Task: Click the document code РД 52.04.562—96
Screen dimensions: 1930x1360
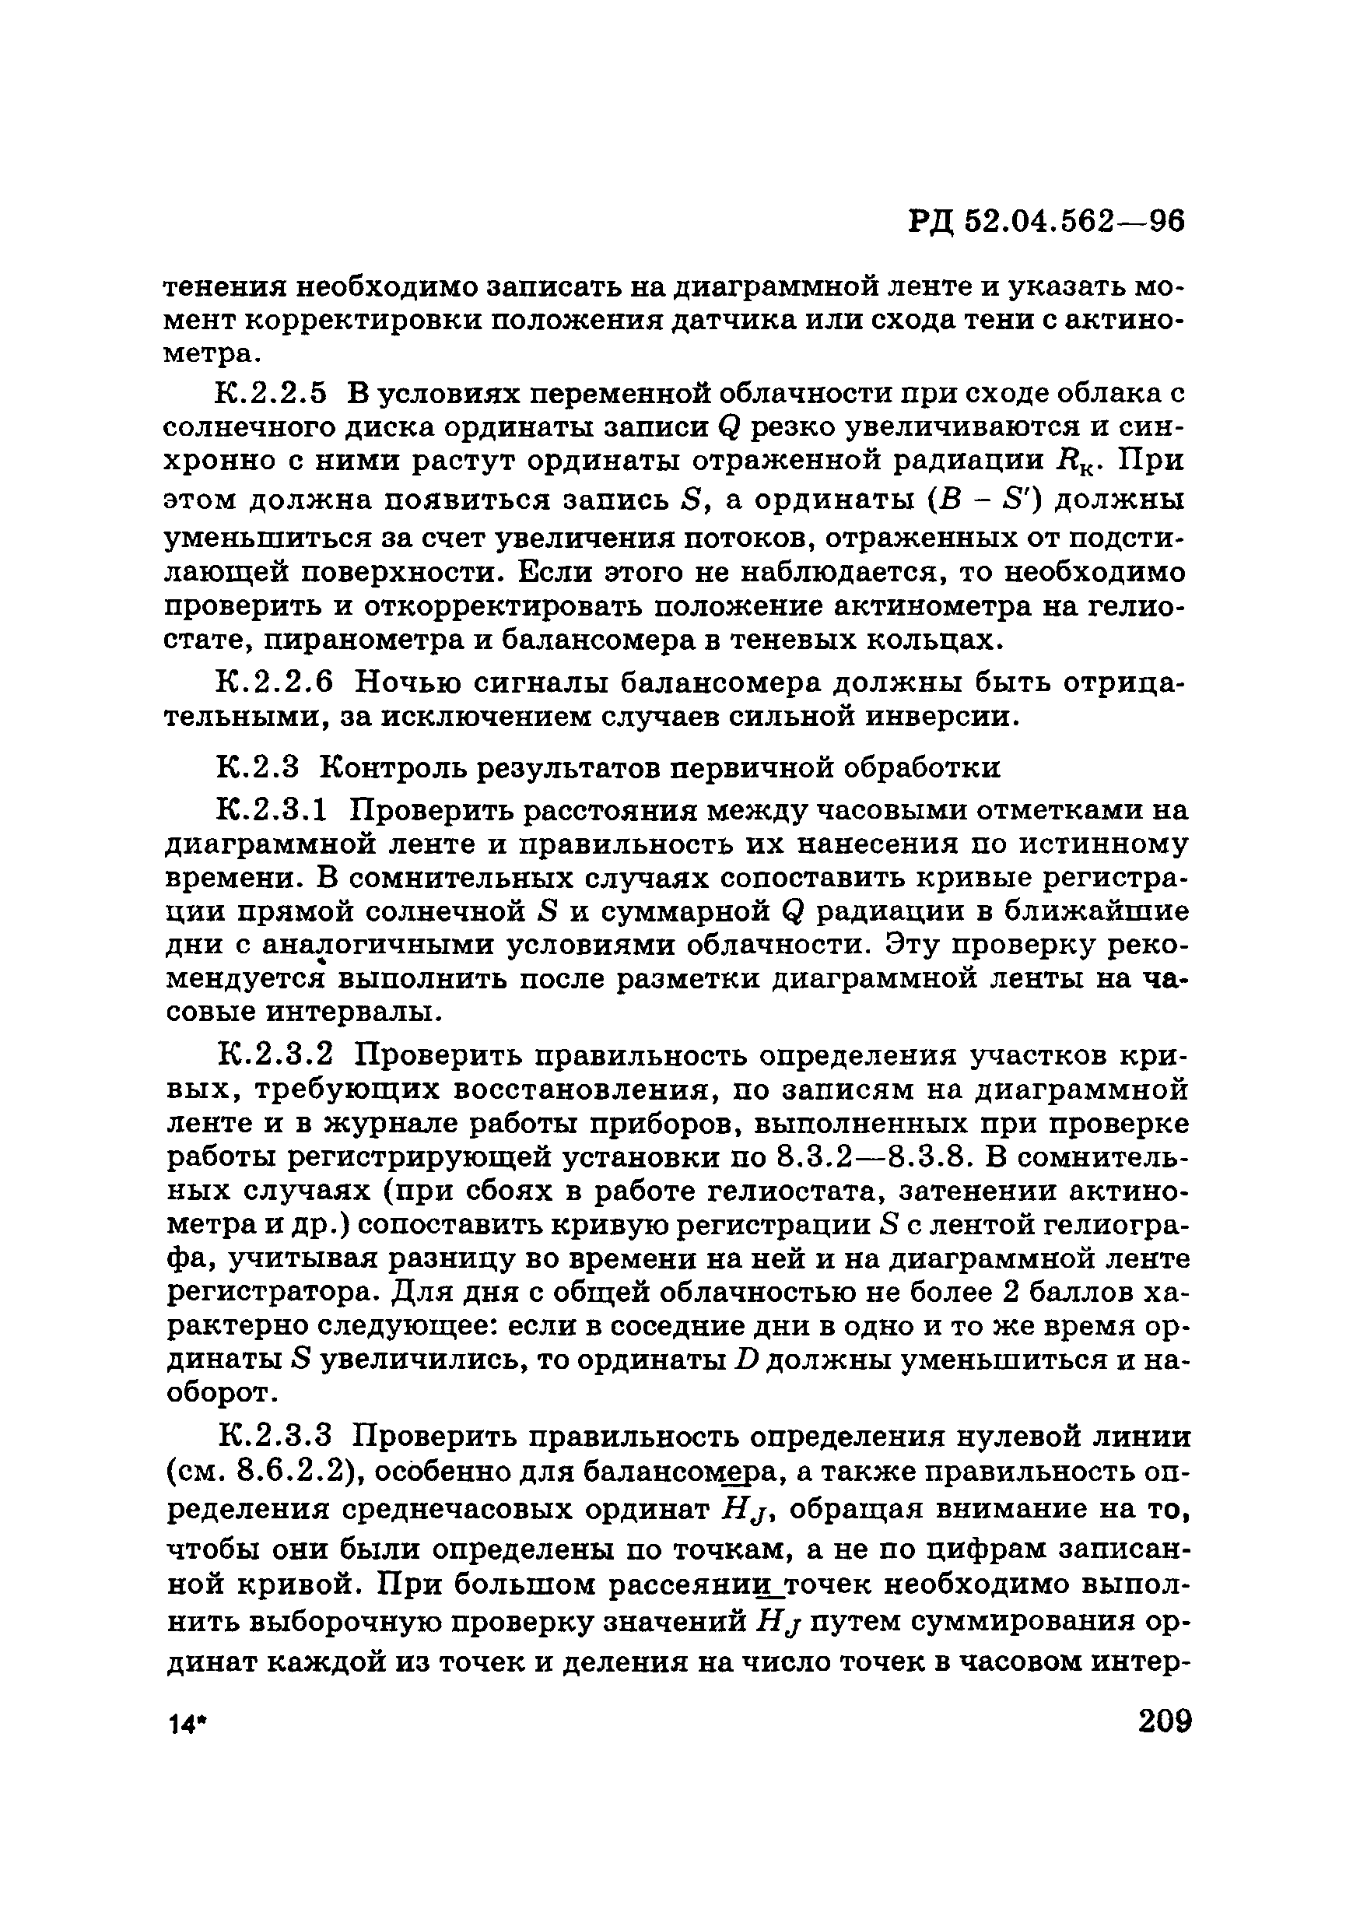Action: coord(1046,221)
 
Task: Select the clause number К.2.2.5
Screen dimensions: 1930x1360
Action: coord(270,392)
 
